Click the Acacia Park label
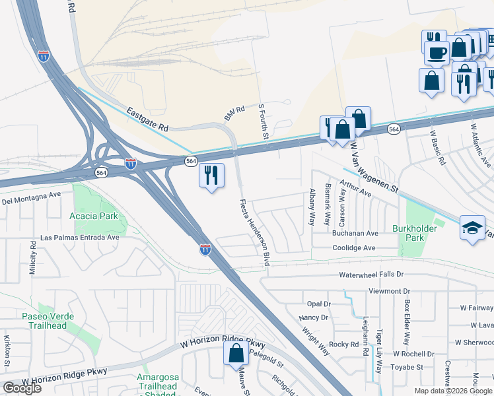pos(93,216)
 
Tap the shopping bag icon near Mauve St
pos(236,353)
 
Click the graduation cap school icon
pos(472,228)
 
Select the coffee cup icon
pos(437,51)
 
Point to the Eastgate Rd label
pos(149,117)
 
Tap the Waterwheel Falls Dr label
pos(370,274)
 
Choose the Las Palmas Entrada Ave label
pos(80,237)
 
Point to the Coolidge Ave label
pos(353,248)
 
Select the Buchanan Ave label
pos(355,234)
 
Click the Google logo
pos(22,388)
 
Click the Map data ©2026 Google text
pos(453,391)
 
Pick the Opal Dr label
pos(318,304)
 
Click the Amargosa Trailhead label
pos(157,382)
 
